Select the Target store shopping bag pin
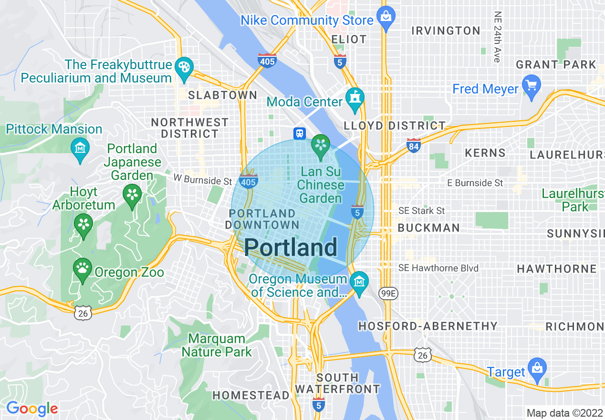[x=537, y=369]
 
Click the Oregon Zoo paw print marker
[x=83, y=269]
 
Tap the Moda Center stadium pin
[x=355, y=98]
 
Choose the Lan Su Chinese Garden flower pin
[x=321, y=145]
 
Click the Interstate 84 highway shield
[x=414, y=146]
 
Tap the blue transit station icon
[x=300, y=133]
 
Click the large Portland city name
[x=291, y=248]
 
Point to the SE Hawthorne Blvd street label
[x=438, y=268]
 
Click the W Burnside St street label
[x=202, y=181]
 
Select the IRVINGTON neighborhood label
[x=446, y=31]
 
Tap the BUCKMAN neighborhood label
[x=428, y=228]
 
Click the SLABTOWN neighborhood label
[x=223, y=95]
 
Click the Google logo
[x=32, y=409]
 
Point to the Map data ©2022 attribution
[x=563, y=413]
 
